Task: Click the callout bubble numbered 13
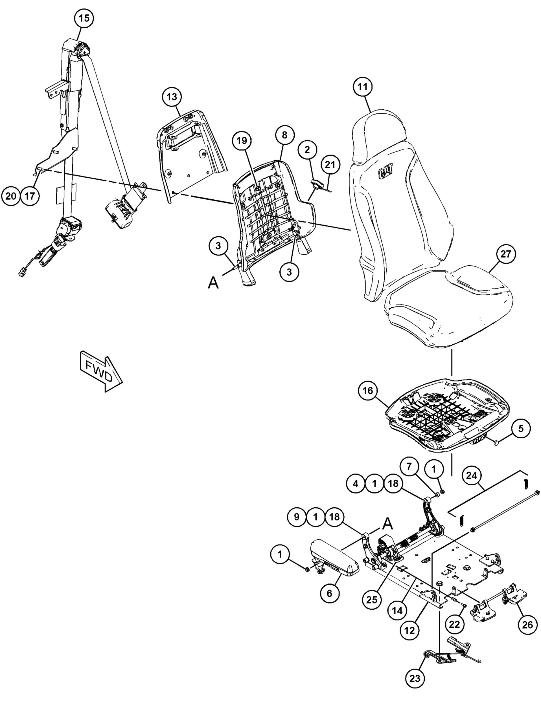click(x=172, y=96)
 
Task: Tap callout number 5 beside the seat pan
click(x=521, y=428)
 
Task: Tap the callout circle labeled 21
click(x=330, y=165)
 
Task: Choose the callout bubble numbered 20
click(x=11, y=196)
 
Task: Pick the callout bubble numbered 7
click(x=409, y=466)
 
